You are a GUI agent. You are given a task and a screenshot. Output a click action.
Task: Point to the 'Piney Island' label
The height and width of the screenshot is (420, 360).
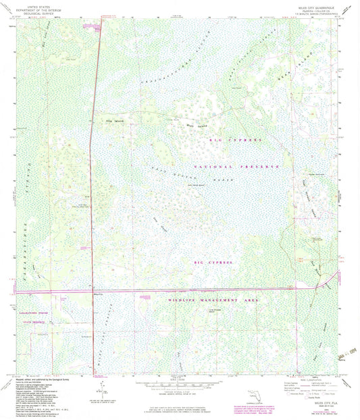[x=195, y=124]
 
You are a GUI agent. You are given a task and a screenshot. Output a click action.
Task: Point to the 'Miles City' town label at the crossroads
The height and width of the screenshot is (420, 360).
[x=98, y=294]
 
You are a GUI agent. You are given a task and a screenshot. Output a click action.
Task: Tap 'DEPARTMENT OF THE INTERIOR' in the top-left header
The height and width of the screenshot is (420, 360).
[x=31, y=7]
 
